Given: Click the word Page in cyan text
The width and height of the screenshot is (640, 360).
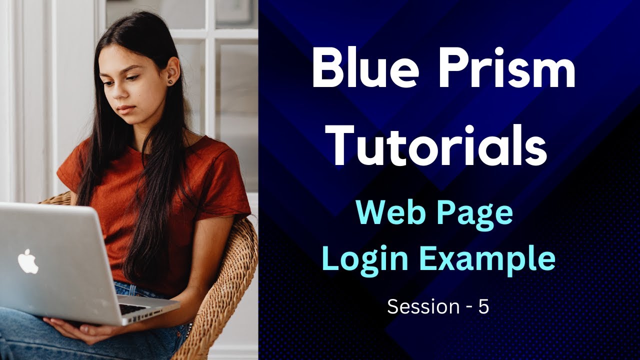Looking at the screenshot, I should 477,214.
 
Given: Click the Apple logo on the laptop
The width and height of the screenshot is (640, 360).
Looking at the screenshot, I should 28,261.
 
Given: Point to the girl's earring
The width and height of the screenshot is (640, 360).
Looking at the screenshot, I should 170,81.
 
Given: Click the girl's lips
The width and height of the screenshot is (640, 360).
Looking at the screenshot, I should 125,108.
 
